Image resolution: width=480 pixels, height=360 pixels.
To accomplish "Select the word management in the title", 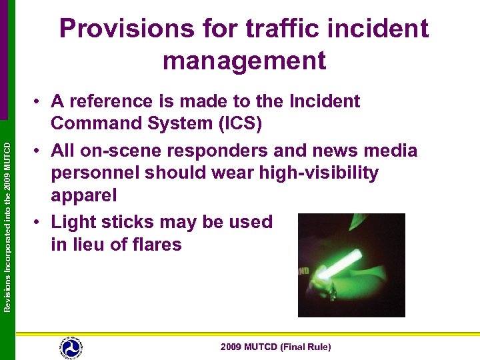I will [x=244, y=61].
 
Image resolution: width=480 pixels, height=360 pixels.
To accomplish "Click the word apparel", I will [x=84, y=196].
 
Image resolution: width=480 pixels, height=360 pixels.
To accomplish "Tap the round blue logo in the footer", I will [x=71, y=347].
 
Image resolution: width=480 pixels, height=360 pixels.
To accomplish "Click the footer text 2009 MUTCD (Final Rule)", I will [x=276, y=347].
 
